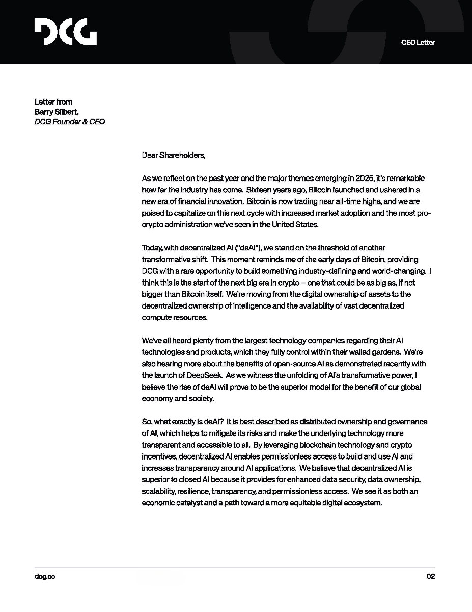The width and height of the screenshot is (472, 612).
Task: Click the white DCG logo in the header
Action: pos(65,32)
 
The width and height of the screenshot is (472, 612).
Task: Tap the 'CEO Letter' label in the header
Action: pos(418,42)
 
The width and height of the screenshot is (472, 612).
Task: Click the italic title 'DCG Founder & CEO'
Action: pos(69,122)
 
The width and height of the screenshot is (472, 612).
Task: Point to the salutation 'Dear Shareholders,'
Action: pos(173,155)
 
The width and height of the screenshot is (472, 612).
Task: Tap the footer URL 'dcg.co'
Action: pos(45,576)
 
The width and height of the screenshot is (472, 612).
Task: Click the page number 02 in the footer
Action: pos(430,576)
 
